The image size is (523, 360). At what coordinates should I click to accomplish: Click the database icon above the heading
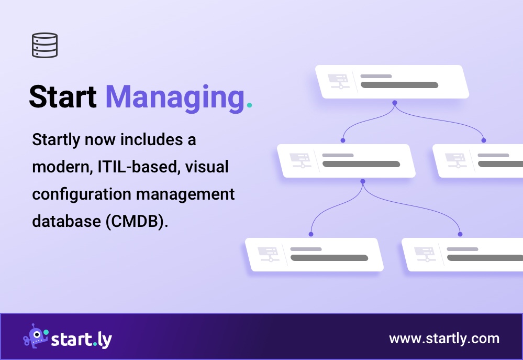coord(44,45)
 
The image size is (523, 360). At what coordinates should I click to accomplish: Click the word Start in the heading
coord(62,97)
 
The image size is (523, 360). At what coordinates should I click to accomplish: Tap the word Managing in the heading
coord(175,99)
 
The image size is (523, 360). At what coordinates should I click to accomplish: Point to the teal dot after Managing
coord(249,105)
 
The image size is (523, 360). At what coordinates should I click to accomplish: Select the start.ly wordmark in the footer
coord(81,339)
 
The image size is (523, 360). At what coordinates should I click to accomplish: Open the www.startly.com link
coord(444,339)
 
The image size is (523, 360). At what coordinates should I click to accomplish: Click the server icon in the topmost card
coord(338,81)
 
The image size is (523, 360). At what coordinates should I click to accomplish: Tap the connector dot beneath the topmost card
coord(395,103)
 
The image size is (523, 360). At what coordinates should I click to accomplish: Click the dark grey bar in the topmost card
coord(399,85)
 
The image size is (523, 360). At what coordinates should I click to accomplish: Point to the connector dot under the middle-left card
coord(362,181)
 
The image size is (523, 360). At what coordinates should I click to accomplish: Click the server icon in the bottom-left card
coord(268,254)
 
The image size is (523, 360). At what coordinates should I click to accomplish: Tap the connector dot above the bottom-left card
coord(311,234)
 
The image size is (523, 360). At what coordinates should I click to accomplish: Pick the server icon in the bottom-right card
coord(425,254)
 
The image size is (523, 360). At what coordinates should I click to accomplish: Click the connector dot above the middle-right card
coord(484,140)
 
